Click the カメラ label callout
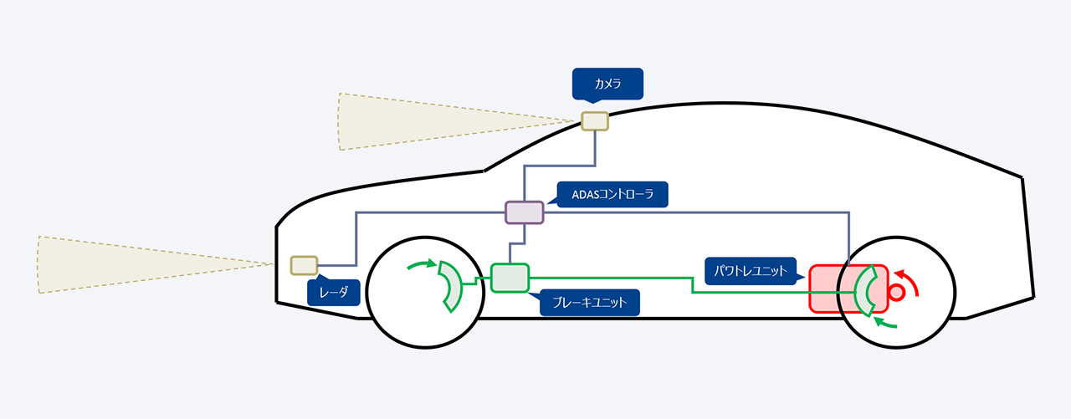tap(607, 84)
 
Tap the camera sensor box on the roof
tap(595, 121)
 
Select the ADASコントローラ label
tap(612, 195)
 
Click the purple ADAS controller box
tap(525, 212)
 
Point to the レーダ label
tap(333, 291)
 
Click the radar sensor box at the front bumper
tap(304, 266)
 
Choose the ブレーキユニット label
tap(589, 303)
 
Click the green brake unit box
tap(510, 278)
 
